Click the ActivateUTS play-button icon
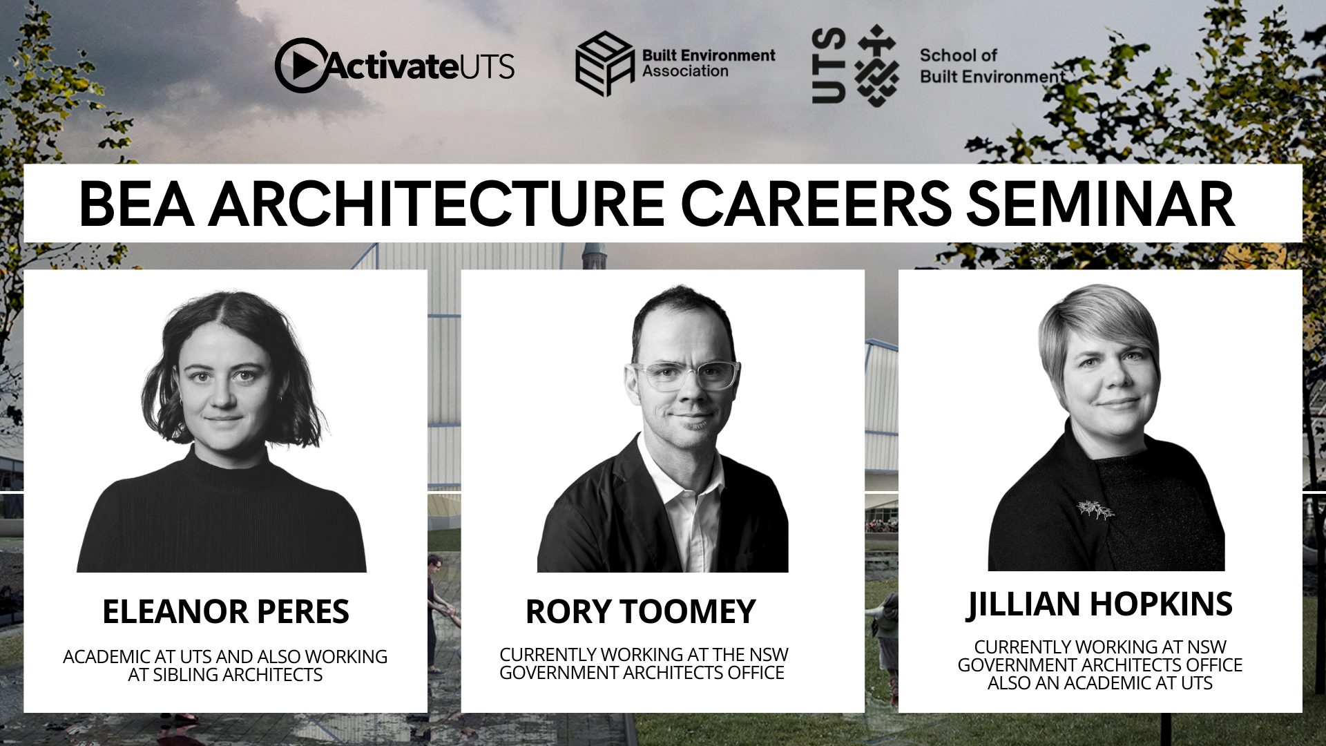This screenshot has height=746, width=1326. tap(301, 66)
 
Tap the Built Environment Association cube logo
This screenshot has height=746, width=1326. tap(604, 64)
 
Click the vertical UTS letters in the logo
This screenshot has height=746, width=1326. tap(829, 66)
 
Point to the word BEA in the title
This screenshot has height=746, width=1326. tap(136, 204)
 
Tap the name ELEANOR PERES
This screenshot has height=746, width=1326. tap(226, 611)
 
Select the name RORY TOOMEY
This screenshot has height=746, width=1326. tap(640, 611)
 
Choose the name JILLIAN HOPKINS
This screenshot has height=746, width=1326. tap(1099, 604)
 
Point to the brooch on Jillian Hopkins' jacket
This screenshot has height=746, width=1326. tap(1096, 510)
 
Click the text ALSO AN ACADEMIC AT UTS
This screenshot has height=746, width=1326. tap(1099, 683)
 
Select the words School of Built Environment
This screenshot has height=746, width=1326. tap(992, 66)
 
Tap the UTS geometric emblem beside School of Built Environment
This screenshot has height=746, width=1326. tap(876, 66)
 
